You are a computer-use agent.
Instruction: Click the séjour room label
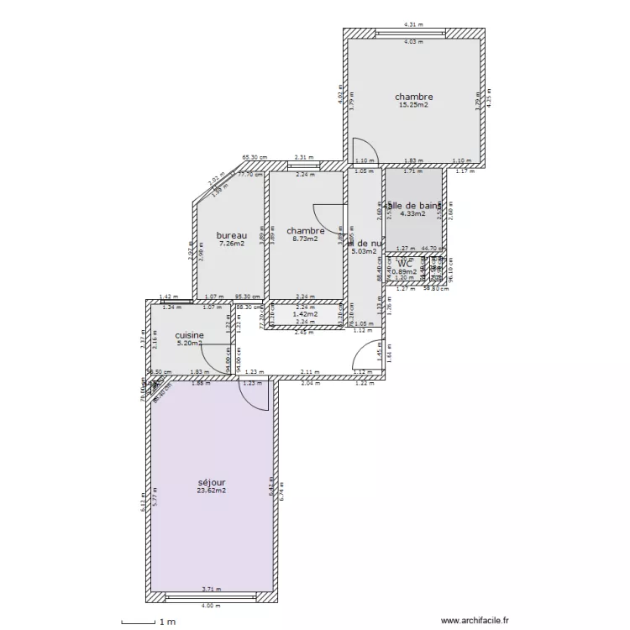point(212,482)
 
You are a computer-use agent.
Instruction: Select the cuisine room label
point(189,334)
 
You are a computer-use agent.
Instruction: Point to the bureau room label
point(231,235)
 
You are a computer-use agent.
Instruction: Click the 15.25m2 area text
point(414,105)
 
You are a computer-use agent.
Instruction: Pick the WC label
point(406,264)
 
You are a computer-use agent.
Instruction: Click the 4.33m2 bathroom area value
point(412,213)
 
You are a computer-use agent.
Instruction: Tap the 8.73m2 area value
point(305,239)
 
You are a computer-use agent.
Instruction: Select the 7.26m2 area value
point(231,244)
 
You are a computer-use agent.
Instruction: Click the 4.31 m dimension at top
point(413,25)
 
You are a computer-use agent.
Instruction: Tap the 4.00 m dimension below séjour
point(210,606)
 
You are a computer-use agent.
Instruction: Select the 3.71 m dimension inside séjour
point(210,590)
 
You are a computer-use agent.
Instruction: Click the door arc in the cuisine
point(216,358)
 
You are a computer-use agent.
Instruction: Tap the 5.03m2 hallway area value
point(365,249)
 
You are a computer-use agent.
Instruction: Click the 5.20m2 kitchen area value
point(189,343)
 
